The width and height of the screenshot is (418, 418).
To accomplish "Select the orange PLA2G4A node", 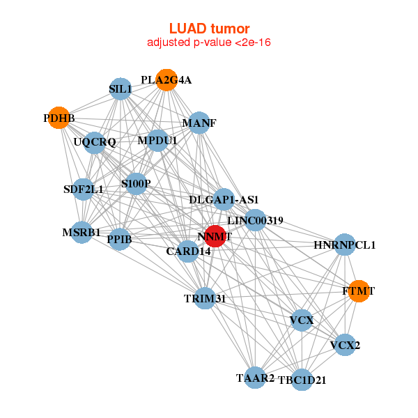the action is pos(166,80).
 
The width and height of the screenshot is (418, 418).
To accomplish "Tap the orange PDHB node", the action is pos(59,118).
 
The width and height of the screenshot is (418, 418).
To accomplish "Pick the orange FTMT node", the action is pos(358,291).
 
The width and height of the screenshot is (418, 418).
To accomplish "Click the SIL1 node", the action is pos(121,88).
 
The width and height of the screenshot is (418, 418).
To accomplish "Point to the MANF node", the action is pos(199,123).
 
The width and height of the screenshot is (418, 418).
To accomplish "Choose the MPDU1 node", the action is pos(157,141).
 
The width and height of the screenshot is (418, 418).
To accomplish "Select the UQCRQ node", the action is pos(95,143).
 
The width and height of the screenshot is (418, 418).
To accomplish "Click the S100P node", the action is pos(136,184).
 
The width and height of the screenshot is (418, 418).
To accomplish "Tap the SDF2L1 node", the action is pos(83,189).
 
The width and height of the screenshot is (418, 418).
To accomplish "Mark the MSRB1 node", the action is pos(82,232).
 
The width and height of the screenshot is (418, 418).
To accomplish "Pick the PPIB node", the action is pos(120,240).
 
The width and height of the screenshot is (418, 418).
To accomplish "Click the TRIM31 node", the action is pos(205,298).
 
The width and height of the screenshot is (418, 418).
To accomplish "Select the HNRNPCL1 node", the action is pos(344,245).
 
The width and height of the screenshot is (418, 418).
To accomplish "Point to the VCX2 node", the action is pos(345,344).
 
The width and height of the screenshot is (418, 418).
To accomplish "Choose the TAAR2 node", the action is pos(255,378).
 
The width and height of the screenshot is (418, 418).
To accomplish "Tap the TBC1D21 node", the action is pos(302,380).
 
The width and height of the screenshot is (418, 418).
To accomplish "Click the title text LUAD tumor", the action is pos(209,29).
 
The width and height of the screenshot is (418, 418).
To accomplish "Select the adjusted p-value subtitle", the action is pos(209,42).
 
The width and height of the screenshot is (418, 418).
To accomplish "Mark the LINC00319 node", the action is pos(255,220).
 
